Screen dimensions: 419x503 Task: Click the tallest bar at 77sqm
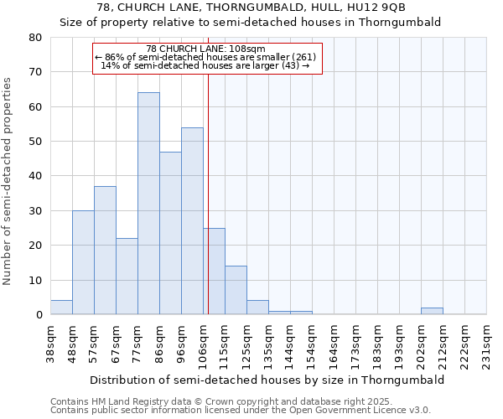148,204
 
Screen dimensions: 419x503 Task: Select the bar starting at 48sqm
83,262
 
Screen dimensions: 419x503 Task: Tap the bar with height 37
105,251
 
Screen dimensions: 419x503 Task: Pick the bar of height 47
170,233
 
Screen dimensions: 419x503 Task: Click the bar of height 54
192,221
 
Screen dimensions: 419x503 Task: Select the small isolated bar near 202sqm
432,311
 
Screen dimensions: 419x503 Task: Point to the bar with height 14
236,290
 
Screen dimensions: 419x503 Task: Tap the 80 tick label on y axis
34,38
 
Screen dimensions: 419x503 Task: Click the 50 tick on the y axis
34,142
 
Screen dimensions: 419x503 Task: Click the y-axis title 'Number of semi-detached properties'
8,181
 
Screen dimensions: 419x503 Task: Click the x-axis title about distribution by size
267,380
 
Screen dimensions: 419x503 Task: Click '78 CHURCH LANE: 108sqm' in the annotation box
205,49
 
